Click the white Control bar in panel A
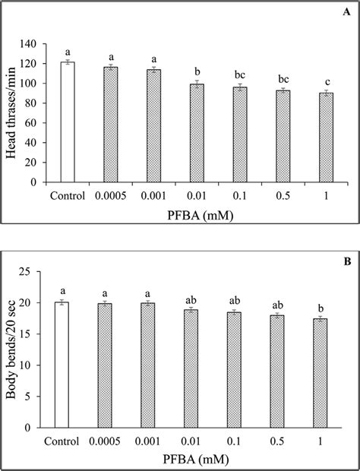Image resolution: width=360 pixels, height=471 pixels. [68, 122]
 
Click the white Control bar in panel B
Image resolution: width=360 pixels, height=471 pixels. [68, 365]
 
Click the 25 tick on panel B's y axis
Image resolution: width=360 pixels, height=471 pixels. [43, 271]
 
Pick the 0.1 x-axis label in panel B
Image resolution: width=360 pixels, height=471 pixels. [240, 441]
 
